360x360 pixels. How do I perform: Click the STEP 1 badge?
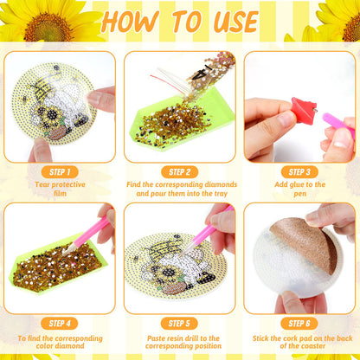[60, 172]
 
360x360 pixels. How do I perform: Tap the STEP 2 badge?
[180, 172]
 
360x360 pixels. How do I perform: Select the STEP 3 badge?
[299, 172]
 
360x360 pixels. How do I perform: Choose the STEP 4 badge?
[60, 324]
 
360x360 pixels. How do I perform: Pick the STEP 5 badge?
[179, 324]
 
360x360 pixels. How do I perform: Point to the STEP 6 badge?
[299, 324]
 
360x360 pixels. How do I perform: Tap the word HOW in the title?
[130, 22]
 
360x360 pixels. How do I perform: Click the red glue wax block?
[303, 111]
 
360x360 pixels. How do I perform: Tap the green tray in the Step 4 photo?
[59, 267]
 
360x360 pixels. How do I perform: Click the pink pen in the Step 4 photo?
[87, 234]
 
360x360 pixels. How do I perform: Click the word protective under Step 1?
[68, 185]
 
